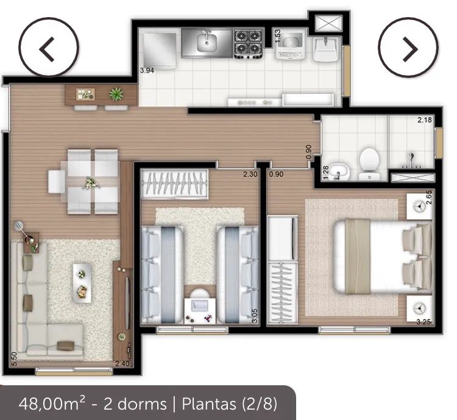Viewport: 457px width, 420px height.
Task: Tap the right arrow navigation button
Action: pos(408,49)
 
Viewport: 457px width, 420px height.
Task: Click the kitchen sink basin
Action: pos(207,42)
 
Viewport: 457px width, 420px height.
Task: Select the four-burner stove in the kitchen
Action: pos(249,43)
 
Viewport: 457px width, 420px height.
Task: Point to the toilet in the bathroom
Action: pos(369,162)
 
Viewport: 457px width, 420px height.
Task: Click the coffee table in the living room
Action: pos(82,282)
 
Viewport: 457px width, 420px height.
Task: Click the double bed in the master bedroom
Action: pos(381,255)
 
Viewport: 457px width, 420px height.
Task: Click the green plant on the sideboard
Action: pos(115,94)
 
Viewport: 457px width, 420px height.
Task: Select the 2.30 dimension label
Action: pos(250,174)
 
